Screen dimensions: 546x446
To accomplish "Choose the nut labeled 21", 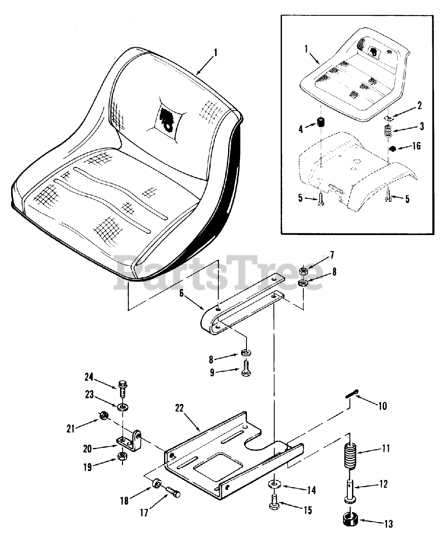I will tap(103, 415).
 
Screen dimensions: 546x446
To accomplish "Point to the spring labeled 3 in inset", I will tap(388, 131).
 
